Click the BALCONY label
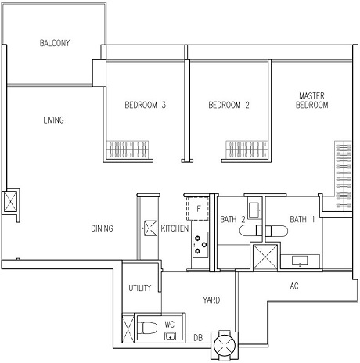click(55, 43)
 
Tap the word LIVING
click(53, 120)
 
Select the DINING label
click(102, 228)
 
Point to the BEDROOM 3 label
click(146, 105)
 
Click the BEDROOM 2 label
click(229, 105)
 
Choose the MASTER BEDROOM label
click(312, 100)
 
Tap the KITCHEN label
click(175, 228)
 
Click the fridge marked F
click(198, 209)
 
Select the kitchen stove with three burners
click(200, 245)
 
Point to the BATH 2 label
click(232, 219)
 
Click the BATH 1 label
click(302, 219)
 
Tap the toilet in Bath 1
click(276, 231)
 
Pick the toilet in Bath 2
click(250, 231)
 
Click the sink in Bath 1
click(300, 261)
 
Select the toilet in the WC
click(147, 328)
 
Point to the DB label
click(198, 338)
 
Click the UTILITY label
click(140, 288)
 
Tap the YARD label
click(211, 300)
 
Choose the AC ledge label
click(294, 286)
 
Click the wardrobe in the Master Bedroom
click(343, 174)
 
